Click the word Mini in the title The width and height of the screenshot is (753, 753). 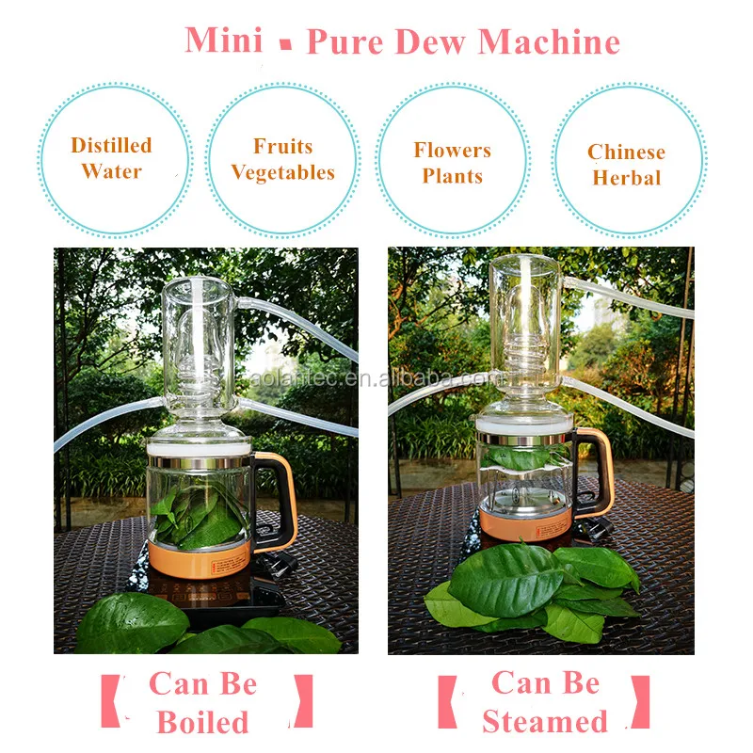point(224,40)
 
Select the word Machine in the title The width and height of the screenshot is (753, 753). point(549,41)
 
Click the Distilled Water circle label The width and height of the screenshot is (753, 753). point(111,158)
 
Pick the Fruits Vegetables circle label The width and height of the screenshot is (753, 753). point(282,159)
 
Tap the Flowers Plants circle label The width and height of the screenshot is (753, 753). point(453,163)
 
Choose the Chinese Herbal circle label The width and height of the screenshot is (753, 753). point(627,165)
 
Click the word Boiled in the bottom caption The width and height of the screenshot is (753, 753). point(202,722)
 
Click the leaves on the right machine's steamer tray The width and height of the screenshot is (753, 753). point(527,457)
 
